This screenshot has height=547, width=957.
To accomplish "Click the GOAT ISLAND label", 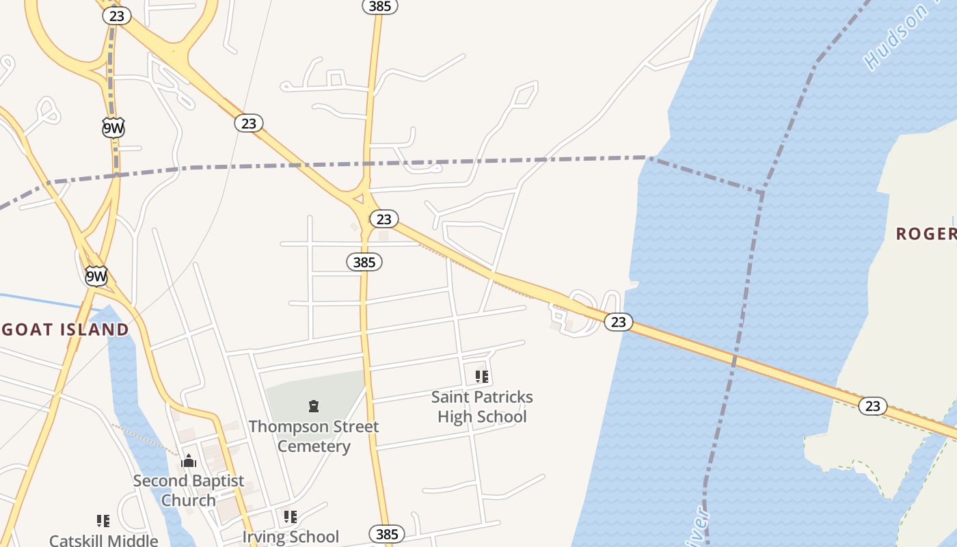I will (64, 330).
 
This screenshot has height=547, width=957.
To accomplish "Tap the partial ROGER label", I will (926, 234).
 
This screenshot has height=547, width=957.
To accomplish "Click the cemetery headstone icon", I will (314, 407).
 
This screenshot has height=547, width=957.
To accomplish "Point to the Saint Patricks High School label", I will (482, 406).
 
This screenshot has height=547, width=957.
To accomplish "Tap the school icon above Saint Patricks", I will (482, 376).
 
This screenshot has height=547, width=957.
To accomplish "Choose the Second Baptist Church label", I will (189, 490).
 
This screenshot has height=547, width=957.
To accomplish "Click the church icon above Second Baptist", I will (189, 462).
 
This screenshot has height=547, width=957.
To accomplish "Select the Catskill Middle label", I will (104, 540).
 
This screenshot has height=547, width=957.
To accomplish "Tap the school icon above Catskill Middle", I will (103, 521).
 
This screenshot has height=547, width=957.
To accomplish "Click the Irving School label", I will (291, 537).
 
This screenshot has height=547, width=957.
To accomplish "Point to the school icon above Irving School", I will (291, 517).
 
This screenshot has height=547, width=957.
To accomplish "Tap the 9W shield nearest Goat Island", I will (96, 276).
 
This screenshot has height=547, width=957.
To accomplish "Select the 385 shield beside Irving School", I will (386, 534).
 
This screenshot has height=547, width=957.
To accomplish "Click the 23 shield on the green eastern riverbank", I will (872, 406).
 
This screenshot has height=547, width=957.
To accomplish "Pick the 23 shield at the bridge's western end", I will (618, 321).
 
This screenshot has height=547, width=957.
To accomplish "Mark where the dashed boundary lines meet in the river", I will (761, 193).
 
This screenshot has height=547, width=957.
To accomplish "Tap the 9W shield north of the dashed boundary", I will (113, 127).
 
